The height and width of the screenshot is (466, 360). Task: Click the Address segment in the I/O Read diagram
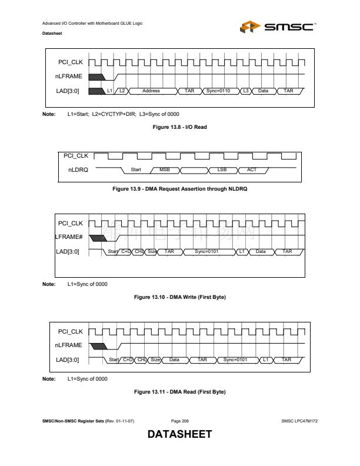click(x=151, y=91)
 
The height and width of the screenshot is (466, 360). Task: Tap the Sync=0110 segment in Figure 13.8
click(x=217, y=91)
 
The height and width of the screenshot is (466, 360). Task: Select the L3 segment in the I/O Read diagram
click(x=246, y=91)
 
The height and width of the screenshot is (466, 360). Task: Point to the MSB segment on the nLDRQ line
click(x=165, y=170)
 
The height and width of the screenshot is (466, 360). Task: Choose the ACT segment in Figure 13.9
click(x=251, y=170)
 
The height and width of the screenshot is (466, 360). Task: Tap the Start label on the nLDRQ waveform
click(x=136, y=170)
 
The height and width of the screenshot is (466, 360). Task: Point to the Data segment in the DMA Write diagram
click(x=261, y=252)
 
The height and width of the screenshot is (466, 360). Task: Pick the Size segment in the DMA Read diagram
click(x=155, y=359)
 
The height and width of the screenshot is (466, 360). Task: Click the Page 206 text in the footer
click(x=179, y=421)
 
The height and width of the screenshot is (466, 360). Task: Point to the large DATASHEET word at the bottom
click(x=179, y=435)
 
